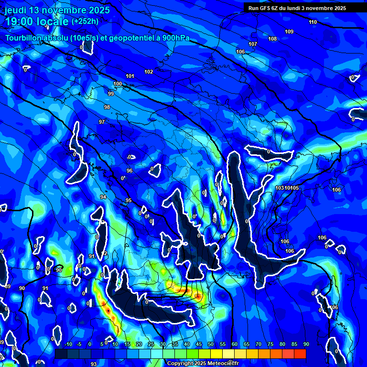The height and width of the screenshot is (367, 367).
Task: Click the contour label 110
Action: (x=313, y=22)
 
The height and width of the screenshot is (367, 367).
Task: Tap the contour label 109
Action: (x=289, y=32)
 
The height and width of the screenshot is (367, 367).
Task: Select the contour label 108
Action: (x=272, y=39)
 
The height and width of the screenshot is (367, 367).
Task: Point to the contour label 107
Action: (x=253, y=44)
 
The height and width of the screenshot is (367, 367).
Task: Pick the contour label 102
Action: (x=149, y=72)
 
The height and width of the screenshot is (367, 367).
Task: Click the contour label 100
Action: (x=118, y=84)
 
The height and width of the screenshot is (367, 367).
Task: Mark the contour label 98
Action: (x=107, y=107)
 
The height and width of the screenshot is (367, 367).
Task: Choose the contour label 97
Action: (x=102, y=122)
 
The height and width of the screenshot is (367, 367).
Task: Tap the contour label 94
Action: (x=103, y=197)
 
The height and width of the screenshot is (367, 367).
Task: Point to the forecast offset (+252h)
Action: (x=85, y=21)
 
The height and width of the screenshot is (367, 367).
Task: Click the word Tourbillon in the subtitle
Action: (x=25, y=38)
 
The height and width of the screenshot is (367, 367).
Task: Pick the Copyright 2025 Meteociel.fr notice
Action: (x=203, y=363)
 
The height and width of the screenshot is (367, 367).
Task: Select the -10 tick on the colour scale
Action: (x=68, y=344)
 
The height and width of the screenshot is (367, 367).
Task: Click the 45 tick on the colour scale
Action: (x=198, y=344)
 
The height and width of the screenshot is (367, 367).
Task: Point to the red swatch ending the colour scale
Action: (x=300, y=354)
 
